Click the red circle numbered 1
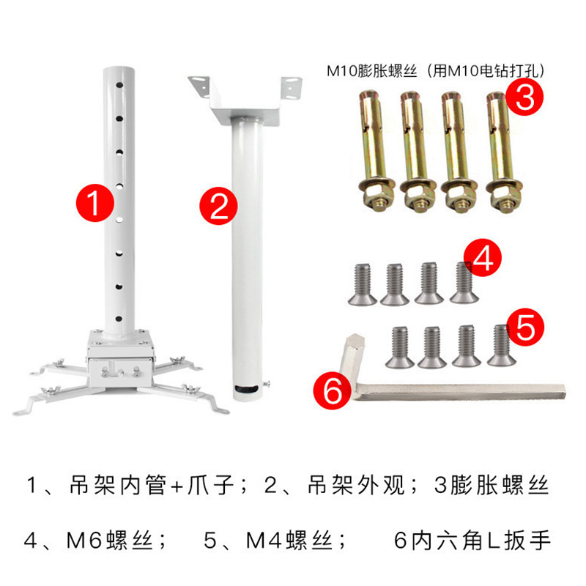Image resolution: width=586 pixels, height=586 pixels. coord(95,203)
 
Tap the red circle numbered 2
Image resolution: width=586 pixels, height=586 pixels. coord(218,206)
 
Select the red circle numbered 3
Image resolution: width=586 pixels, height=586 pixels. coord(524,97)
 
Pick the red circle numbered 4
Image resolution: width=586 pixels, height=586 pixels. coord(483,258)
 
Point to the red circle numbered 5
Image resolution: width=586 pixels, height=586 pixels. coord(525,327)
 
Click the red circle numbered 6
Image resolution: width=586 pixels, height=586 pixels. coord(333,390)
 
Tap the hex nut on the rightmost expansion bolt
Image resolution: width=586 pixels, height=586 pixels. coord(505,195)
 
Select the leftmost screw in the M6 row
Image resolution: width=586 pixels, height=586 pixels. coord(362,285)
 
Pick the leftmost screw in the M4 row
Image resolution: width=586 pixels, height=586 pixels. coord(400,347)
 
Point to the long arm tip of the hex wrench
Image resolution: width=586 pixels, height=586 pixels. coord(563,391)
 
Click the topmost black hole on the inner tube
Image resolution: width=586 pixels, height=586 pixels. coord(119,85)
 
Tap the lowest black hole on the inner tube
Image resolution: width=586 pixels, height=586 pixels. coord(119,319)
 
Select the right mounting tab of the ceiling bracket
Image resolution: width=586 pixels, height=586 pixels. coord(292,89)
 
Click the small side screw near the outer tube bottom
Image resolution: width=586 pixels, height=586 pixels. coord(267,383)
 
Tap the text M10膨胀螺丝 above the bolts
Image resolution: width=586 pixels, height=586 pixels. coord(372,70)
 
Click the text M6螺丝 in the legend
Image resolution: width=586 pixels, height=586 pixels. coord(110,541)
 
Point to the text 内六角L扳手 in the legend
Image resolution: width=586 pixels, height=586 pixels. coord(481,541)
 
